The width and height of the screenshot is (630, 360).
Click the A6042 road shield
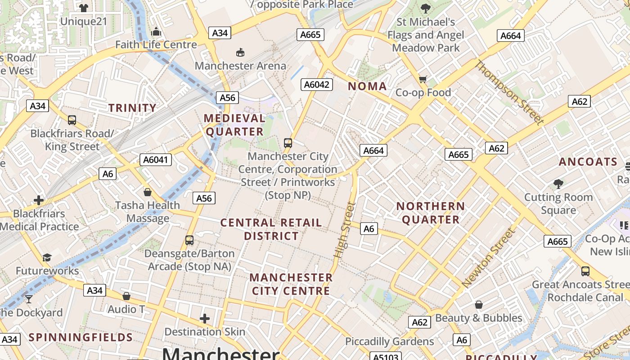point(317,84)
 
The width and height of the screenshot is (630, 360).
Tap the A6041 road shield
point(156,159)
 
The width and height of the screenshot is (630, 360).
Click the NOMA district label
point(367,86)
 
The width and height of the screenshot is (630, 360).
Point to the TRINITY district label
point(132,108)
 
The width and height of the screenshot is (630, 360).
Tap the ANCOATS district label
point(588,162)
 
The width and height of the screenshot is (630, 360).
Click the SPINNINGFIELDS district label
point(81,337)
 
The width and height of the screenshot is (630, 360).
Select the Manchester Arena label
point(240,66)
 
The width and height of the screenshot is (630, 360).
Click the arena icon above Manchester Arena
point(240,52)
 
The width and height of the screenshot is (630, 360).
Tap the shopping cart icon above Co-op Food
point(423,79)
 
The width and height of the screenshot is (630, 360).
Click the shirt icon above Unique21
point(83,8)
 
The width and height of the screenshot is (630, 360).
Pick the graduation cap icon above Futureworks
point(47,257)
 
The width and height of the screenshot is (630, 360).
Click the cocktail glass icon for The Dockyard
point(29,299)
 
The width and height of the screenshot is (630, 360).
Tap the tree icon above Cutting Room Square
point(558,184)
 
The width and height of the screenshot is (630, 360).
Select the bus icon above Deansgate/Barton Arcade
point(189,240)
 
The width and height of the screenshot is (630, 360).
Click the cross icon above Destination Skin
point(205,319)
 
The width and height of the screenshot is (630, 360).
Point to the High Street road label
point(345,230)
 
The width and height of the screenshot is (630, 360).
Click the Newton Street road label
point(488,258)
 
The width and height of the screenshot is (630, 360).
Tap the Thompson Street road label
point(509,92)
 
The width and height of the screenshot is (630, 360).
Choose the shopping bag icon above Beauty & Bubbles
point(479,305)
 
